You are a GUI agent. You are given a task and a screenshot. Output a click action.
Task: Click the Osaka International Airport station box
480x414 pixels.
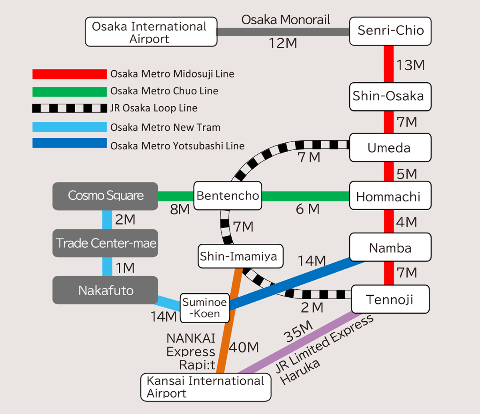(x=151, y=32)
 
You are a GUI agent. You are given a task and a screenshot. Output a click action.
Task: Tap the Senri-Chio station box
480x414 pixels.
(x=390, y=31)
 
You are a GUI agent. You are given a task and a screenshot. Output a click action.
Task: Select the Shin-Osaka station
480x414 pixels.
(x=390, y=96)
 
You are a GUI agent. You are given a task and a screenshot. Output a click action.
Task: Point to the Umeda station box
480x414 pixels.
(x=390, y=147)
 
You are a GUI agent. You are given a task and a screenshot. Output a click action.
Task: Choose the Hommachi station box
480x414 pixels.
(x=390, y=196)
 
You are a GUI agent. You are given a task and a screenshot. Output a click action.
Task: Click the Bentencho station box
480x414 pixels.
(x=228, y=196)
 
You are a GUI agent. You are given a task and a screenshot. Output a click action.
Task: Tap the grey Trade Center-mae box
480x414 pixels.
(x=106, y=243)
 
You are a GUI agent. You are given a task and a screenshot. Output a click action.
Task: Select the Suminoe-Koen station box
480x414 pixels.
(x=205, y=308)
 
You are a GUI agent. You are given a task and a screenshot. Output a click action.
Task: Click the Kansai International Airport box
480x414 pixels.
(x=206, y=387)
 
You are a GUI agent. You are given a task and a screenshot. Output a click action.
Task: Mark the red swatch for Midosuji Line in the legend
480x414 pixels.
(x=70, y=74)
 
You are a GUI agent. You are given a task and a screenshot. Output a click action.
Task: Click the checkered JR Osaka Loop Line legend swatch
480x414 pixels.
(x=70, y=108)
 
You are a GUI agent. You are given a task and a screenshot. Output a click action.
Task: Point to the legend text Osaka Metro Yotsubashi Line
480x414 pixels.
(x=177, y=146)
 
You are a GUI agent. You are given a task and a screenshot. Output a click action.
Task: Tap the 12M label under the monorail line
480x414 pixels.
(x=283, y=43)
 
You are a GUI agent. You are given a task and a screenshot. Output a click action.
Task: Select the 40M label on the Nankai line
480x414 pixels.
(x=244, y=347)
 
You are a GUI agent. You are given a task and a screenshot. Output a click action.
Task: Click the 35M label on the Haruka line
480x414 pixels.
(x=298, y=331)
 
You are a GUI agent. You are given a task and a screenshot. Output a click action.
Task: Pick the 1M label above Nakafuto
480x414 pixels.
(x=125, y=268)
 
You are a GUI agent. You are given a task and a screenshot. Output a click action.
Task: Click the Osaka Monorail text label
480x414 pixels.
(x=286, y=20)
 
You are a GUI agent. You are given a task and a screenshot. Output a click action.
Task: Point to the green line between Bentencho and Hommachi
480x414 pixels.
(x=306, y=196)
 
